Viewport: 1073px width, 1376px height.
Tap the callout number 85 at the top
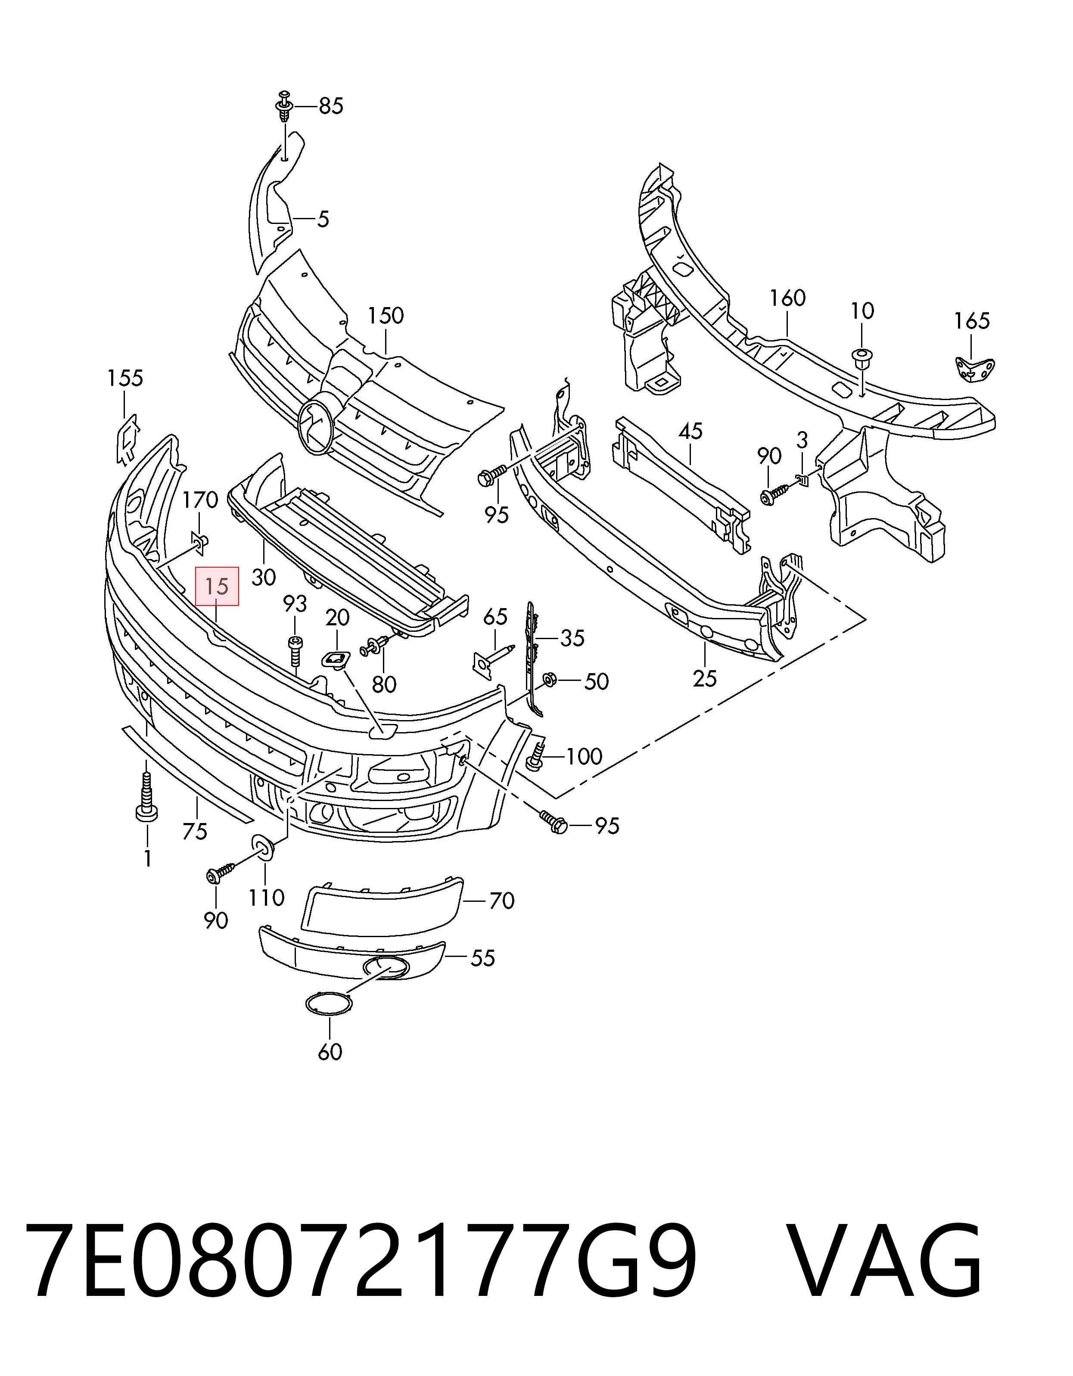coord(331,106)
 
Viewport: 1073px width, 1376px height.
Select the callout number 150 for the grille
coord(386,316)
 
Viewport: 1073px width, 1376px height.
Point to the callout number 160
coord(787,298)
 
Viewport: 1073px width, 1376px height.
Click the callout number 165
coord(972,321)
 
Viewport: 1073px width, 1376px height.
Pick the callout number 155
coord(125,379)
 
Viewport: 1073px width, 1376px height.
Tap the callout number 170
coord(200,501)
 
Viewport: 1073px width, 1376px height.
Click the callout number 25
coord(704,679)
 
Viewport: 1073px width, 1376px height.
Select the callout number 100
coord(585,756)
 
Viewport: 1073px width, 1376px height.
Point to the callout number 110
coord(266,897)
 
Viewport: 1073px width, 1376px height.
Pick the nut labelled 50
coord(549,680)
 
